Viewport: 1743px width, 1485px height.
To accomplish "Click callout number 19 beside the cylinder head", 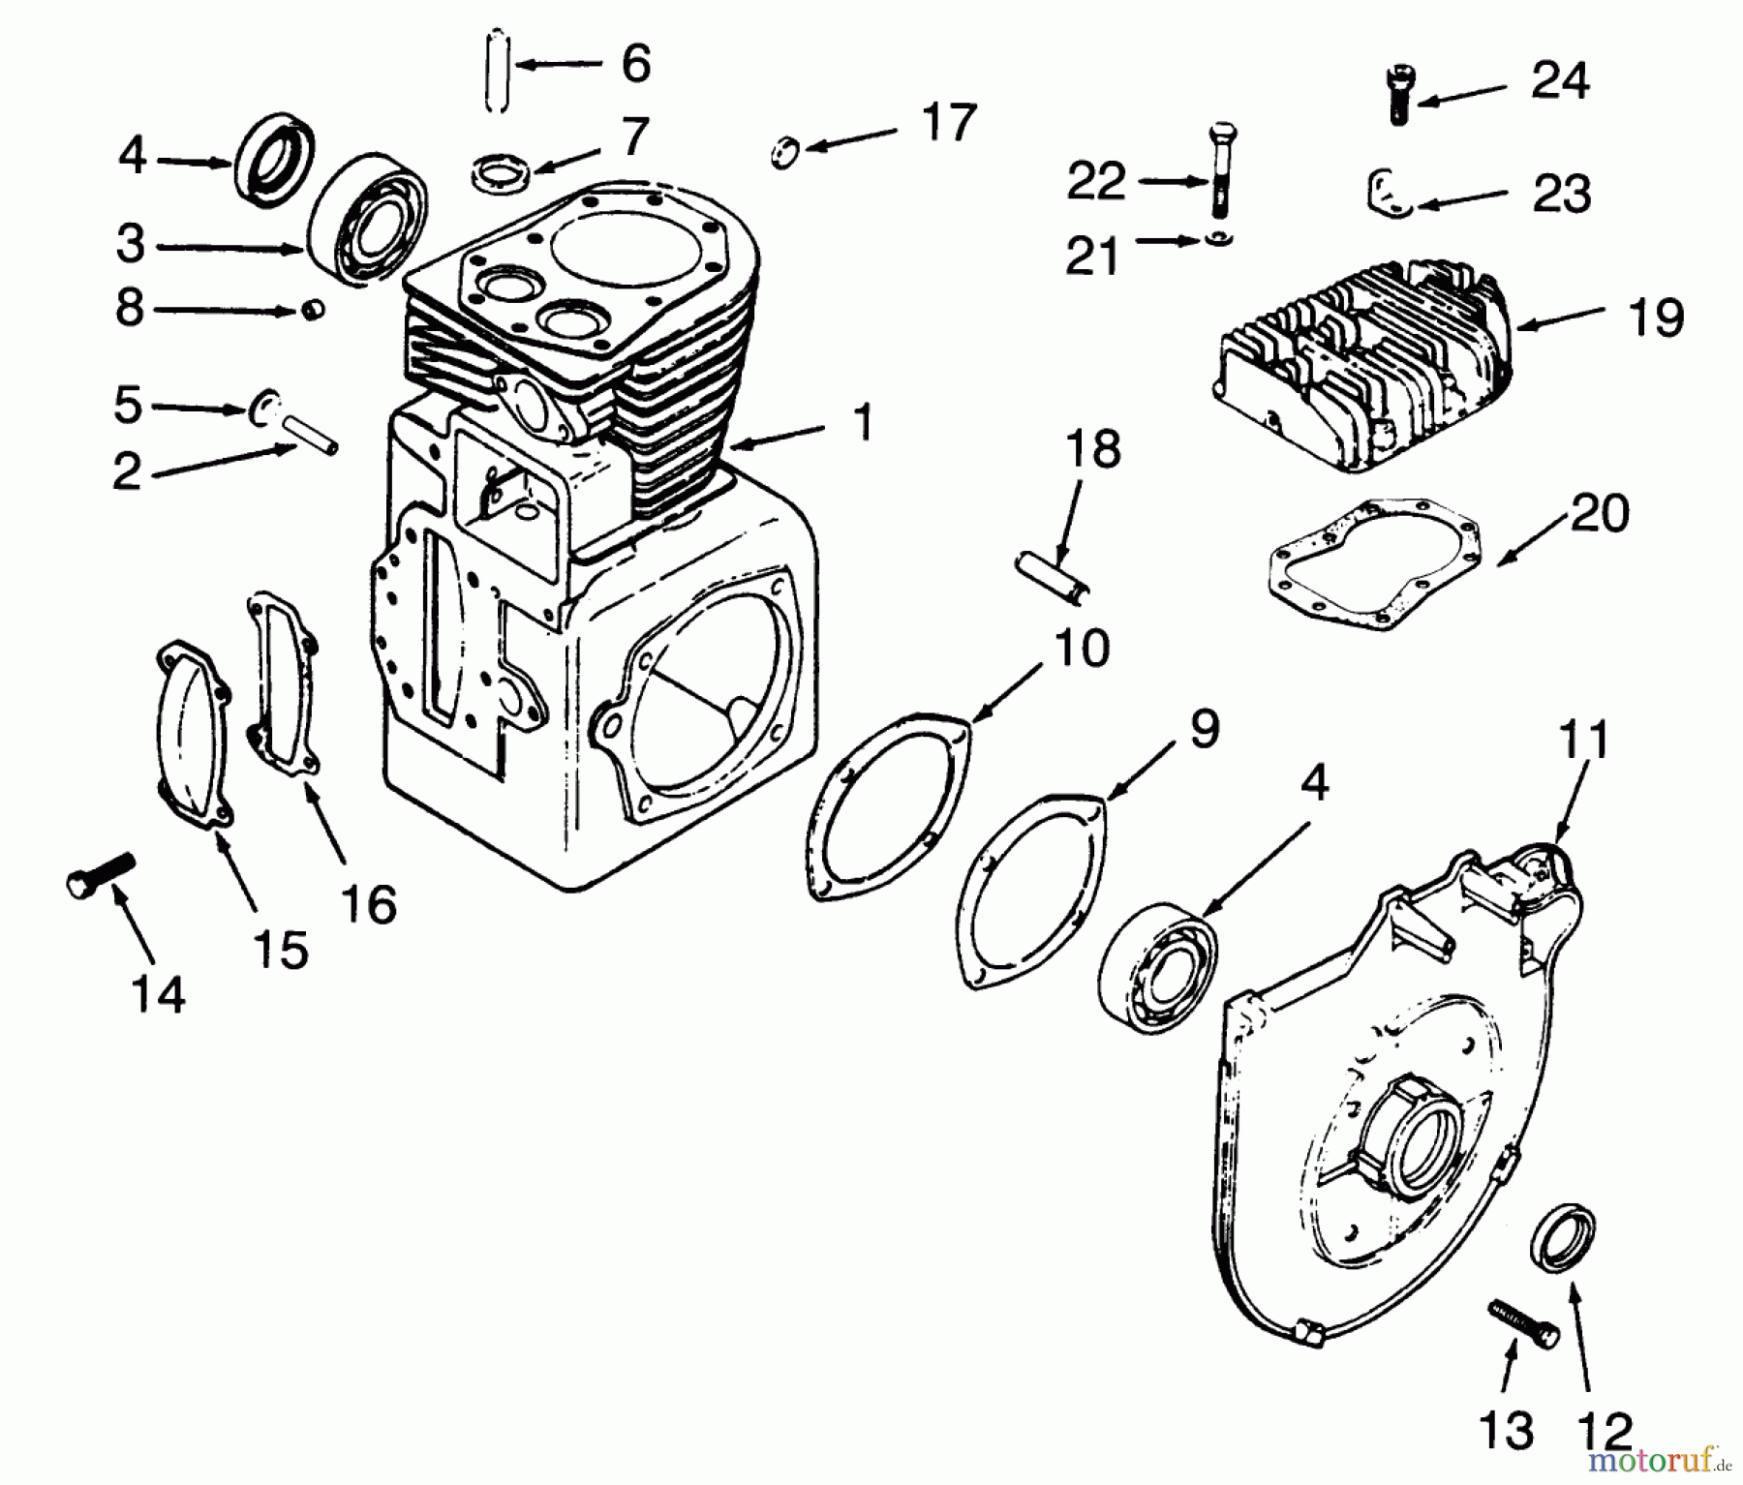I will [x=1656, y=317].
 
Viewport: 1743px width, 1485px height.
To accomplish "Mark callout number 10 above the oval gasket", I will [x=1081, y=649].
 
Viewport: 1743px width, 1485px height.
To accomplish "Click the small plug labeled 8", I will [x=311, y=310].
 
